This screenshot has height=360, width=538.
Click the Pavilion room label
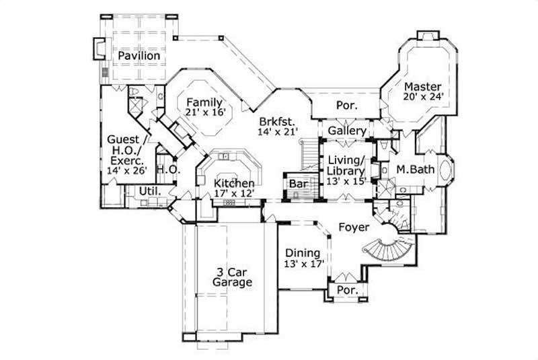(x=140, y=56)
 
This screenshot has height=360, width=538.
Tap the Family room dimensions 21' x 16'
(x=204, y=113)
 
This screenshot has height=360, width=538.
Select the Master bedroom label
(x=422, y=87)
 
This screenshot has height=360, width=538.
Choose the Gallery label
(x=347, y=131)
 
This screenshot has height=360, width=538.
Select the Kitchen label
(x=234, y=183)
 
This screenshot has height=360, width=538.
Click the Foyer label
(x=352, y=227)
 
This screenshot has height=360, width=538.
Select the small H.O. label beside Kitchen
(x=167, y=171)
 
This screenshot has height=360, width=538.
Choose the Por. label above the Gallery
(x=346, y=106)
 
